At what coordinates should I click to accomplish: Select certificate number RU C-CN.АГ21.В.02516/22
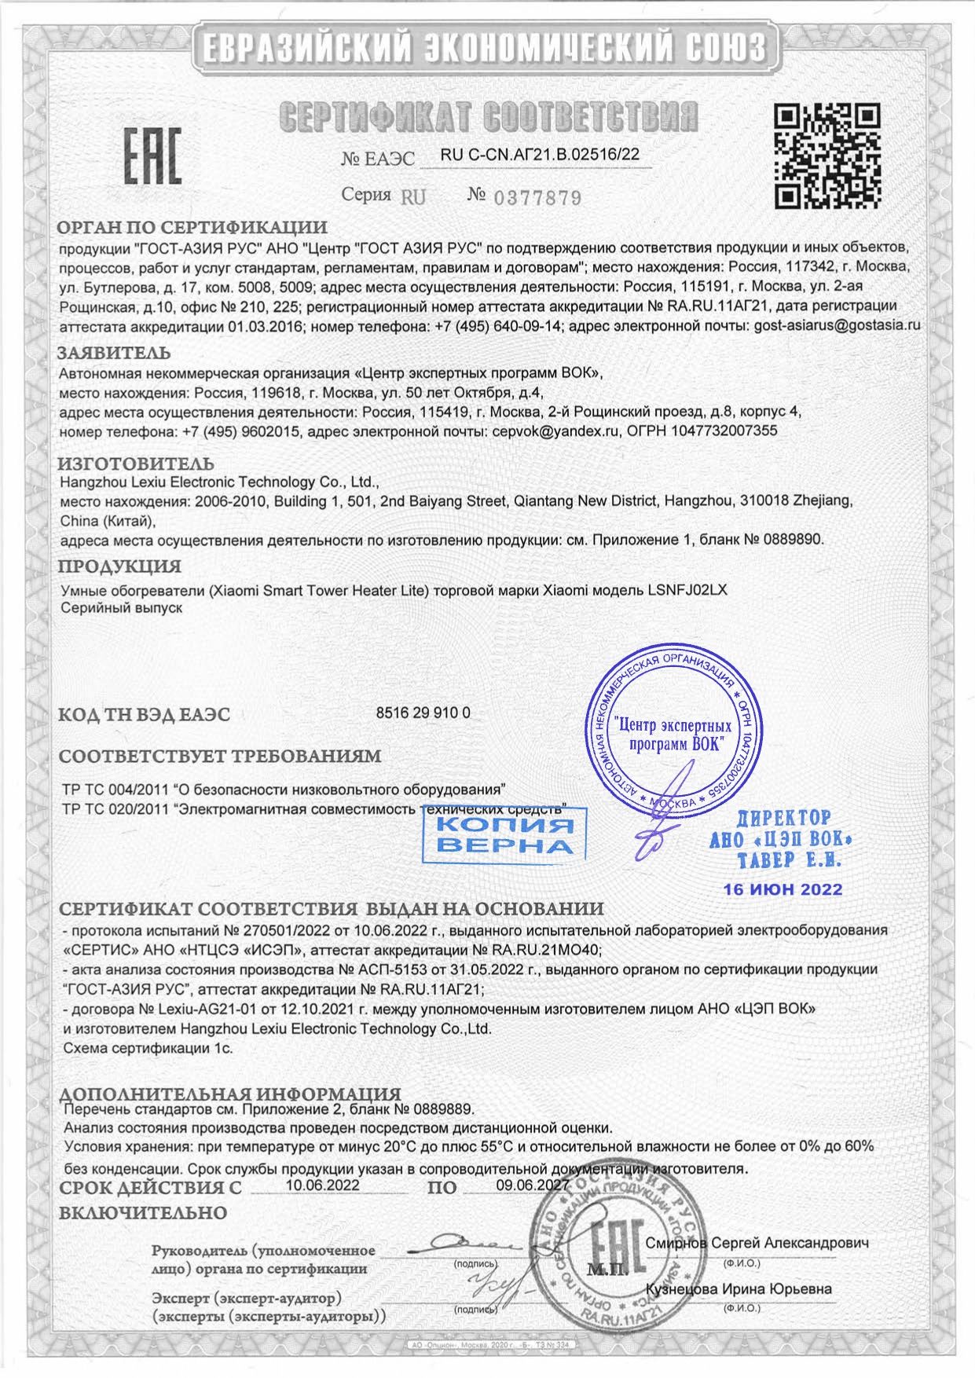coord(540,156)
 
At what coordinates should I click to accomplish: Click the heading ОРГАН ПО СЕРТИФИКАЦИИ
coord(192,229)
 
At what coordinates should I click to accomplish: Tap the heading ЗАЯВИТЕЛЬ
coord(115,354)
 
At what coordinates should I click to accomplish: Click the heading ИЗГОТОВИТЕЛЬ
coord(137,464)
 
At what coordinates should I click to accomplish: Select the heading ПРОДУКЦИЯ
coord(120,566)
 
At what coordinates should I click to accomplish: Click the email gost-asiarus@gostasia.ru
coord(836,324)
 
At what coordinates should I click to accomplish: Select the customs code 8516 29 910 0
coord(423,713)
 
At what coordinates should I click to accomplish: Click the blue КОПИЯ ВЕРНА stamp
coord(503,835)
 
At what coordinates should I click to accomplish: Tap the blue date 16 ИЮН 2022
coord(783,889)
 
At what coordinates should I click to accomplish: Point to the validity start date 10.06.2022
coord(322,1185)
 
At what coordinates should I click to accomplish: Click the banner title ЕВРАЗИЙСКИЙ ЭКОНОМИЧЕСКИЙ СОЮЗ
coord(487,49)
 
